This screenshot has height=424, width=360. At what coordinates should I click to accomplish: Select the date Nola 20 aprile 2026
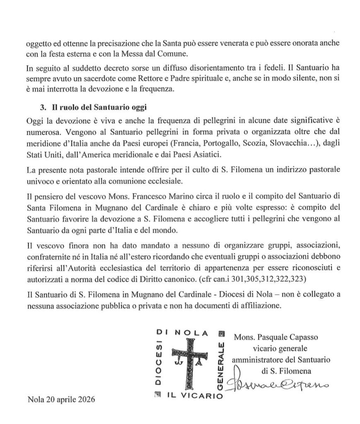coord(61,400)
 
